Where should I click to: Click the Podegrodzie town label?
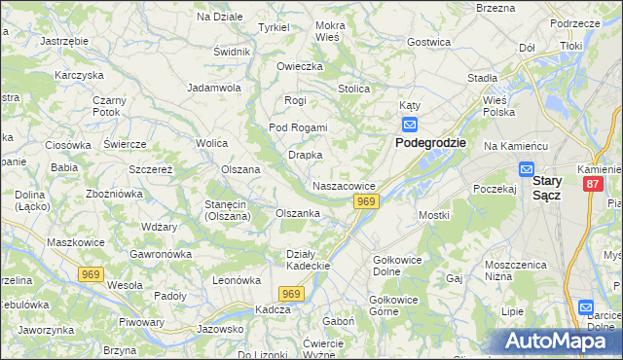coord(430,142)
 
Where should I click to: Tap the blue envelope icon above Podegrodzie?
coord(410,125)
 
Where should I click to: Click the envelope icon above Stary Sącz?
coord(526,168)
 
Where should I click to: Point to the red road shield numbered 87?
coord(593,183)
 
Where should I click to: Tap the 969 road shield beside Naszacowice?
coord(366,201)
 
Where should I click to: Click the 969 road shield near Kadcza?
coord(291,293)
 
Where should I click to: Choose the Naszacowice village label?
coord(344,185)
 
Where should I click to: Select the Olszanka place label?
coord(298,213)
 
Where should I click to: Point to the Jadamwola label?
coord(214,88)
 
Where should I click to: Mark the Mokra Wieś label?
coord(331,30)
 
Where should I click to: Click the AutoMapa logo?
coord(559,342)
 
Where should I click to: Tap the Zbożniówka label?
coord(116,194)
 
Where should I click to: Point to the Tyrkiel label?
coord(274,27)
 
